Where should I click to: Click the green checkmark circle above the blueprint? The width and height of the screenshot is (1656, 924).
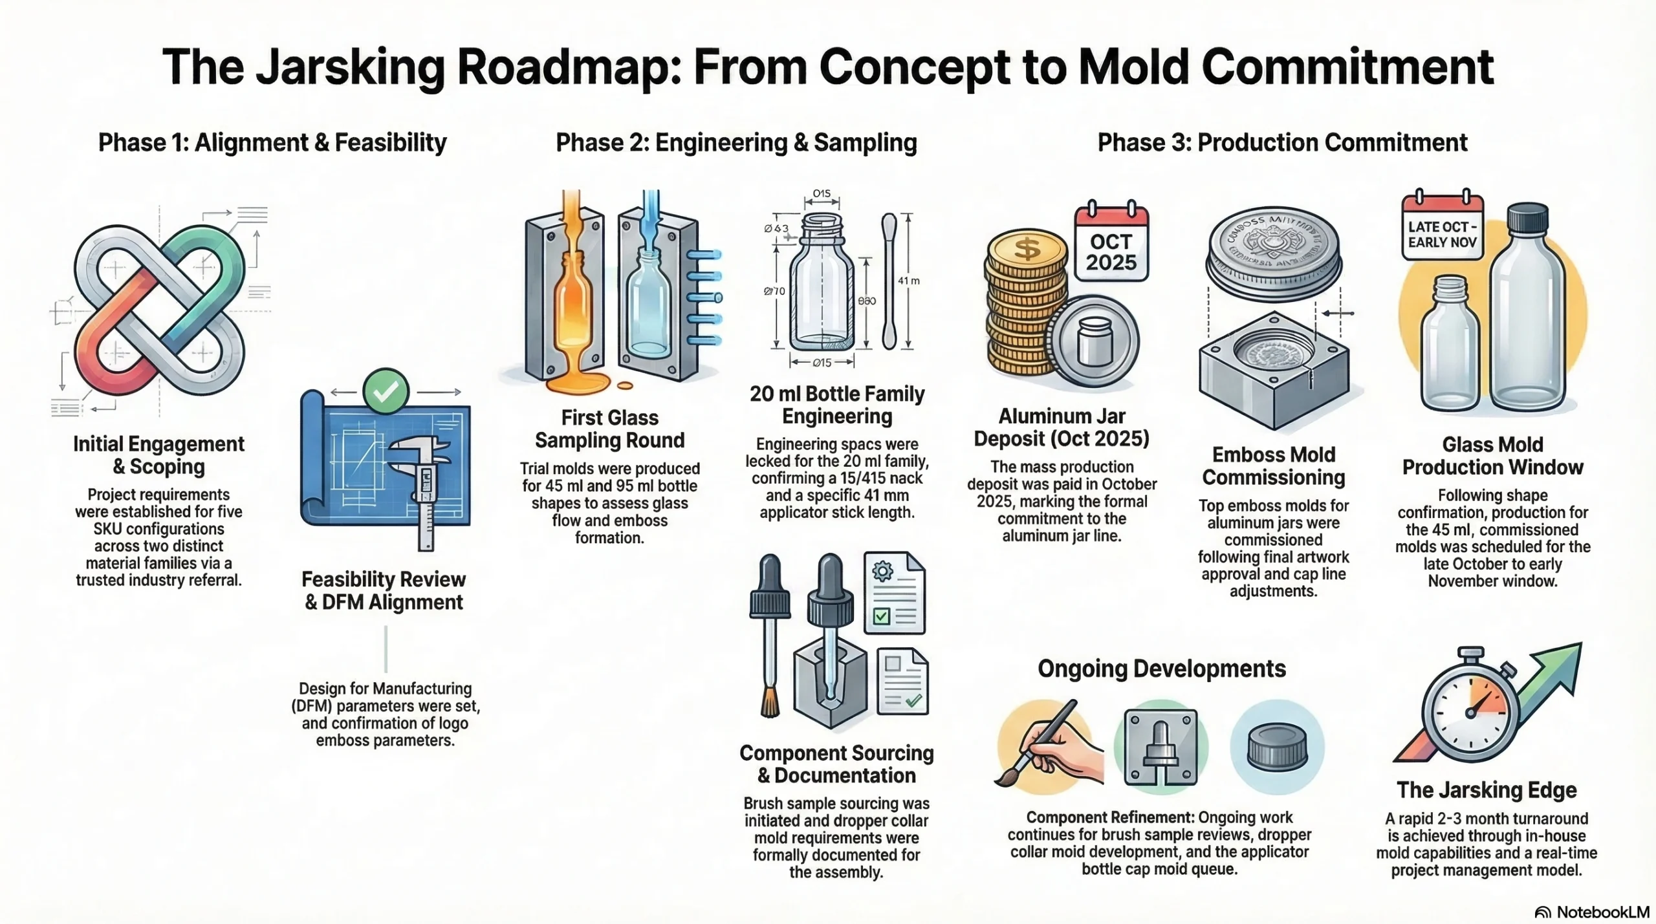pos(386,391)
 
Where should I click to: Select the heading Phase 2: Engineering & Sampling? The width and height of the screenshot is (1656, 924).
pos(736,142)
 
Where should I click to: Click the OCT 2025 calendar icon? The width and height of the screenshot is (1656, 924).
pos(1111,244)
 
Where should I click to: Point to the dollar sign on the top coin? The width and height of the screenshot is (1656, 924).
pos(1027,248)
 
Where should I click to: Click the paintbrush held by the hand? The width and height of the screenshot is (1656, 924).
pos(1035,744)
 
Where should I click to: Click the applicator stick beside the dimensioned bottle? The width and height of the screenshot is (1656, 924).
pos(889,281)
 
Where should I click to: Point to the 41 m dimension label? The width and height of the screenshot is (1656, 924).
pos(908,281)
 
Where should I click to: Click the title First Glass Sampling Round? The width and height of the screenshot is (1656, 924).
pos(609,429)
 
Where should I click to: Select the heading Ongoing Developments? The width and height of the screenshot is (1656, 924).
pos(1162,669)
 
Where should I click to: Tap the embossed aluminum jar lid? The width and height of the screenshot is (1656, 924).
pos(1273,253)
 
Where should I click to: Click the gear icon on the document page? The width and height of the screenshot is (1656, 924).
pos(882,572)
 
